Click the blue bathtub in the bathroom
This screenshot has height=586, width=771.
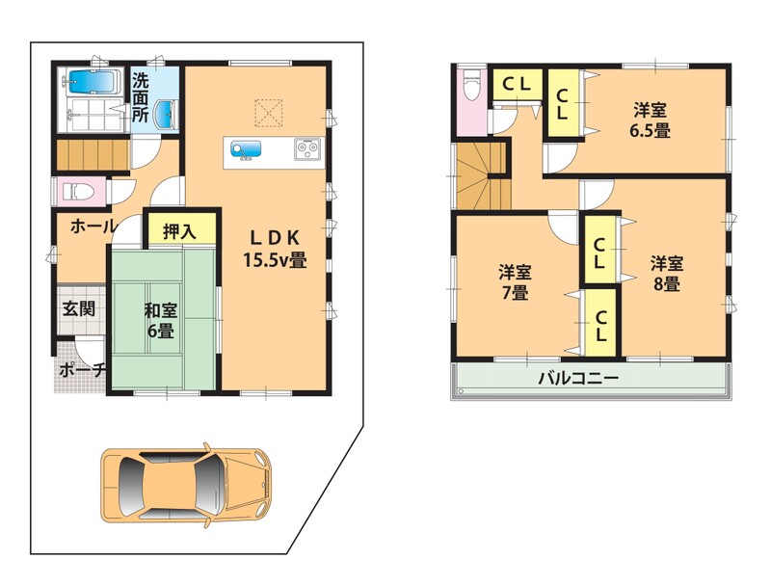click(x=93, y=82)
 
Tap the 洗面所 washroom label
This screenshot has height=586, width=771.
click(x=140, y=98)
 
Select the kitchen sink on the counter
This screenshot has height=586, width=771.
click(x=247, y=149)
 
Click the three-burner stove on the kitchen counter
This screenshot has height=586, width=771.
click(x=307, y=149)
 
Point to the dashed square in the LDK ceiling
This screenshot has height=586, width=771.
click(x=269, y=113)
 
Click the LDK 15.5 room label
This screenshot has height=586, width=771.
click(x=275, y=249)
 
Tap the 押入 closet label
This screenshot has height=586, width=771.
click(x=179, y=231)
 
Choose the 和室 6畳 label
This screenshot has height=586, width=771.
click(x=161, y=321)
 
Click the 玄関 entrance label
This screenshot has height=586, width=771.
click(x=78, y=309)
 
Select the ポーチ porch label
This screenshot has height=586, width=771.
click(x=82, y=370)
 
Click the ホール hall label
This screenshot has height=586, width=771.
click(x=93, y=226)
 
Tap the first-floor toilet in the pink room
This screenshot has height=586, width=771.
click(x=78, y=191)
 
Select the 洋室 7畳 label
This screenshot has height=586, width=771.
click(x=515, y=282)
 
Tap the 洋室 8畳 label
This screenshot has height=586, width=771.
click(x=667, y=274)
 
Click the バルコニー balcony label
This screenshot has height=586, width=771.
click(x=578, y=378)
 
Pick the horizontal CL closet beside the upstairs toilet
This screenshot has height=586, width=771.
click(x=518, y=85)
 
